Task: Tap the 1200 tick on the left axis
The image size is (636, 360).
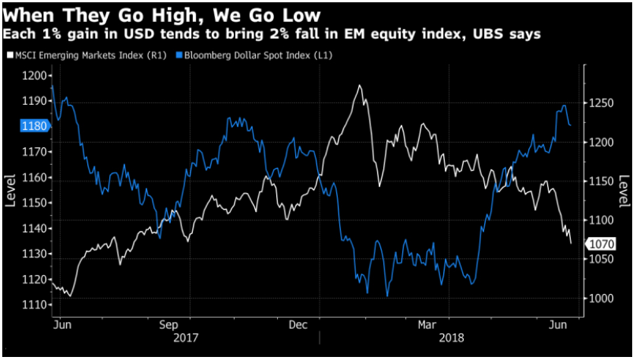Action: point(35,76)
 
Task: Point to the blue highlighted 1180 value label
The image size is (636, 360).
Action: point(33,127)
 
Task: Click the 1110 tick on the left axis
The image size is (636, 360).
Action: point(35,305)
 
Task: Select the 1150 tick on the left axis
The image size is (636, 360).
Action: point(35,203)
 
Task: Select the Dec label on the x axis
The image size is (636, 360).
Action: point(298,323)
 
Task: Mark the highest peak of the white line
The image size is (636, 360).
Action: point(359,86)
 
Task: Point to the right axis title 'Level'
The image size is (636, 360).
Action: point(624,191)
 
